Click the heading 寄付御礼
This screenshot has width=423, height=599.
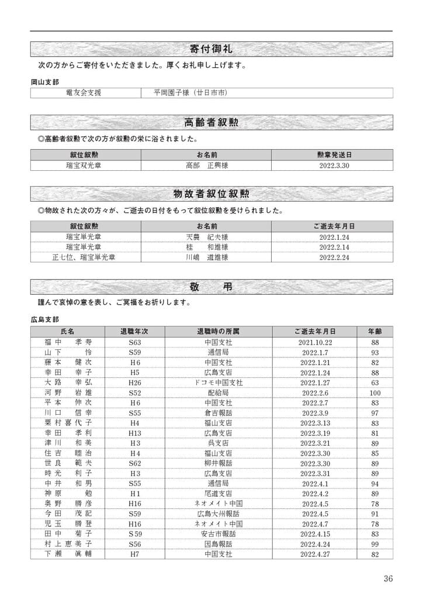coord(211,48)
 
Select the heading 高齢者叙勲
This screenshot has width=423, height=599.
coord(211,122)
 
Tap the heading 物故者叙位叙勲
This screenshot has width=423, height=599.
coord(211,194)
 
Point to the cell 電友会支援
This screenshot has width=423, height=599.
coord(84,93)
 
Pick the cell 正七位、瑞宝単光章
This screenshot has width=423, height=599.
coord(84,257)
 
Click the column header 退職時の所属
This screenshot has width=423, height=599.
coord(219,331)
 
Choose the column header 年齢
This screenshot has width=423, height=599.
coord(375,331)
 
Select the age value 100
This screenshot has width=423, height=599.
coord(375,393)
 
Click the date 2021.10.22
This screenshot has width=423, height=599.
coord(315,342)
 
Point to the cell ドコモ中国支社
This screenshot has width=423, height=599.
coord(219,383)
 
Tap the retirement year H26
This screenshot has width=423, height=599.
coord(135,383)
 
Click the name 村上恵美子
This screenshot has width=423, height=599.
coord(68,543)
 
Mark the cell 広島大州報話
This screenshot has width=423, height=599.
coord(219,514)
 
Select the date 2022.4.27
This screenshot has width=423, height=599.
coord(315,553)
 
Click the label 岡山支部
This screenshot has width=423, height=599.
coord(45,82)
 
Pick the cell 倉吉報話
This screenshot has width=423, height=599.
coord(219,413)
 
